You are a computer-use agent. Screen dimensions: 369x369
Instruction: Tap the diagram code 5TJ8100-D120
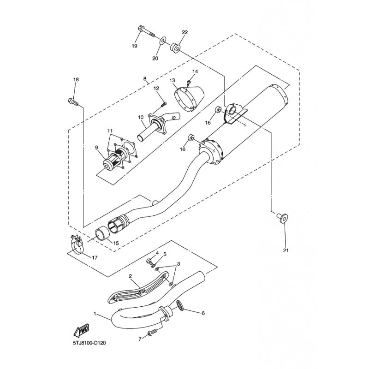(x=89, y=343)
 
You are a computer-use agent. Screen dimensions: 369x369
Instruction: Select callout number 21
(x=286, y=250)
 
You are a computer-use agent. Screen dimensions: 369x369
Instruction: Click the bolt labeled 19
(x=146, y=31)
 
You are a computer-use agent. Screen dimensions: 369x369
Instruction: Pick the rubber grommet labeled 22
(x=175, y=47)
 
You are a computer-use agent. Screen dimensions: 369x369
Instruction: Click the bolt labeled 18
(x=73, y=101)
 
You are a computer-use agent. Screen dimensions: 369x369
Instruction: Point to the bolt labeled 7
(x=153, y=333)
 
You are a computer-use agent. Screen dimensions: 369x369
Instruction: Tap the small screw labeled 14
(x=189, y=83)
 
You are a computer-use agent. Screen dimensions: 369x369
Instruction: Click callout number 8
(x=144, y=78)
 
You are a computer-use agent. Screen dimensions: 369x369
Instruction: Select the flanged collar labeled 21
(x=282, y=218)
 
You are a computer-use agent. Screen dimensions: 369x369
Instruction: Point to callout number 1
(x=95, y=314)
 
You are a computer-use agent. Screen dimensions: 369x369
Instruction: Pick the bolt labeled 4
(x=149, y=261)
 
